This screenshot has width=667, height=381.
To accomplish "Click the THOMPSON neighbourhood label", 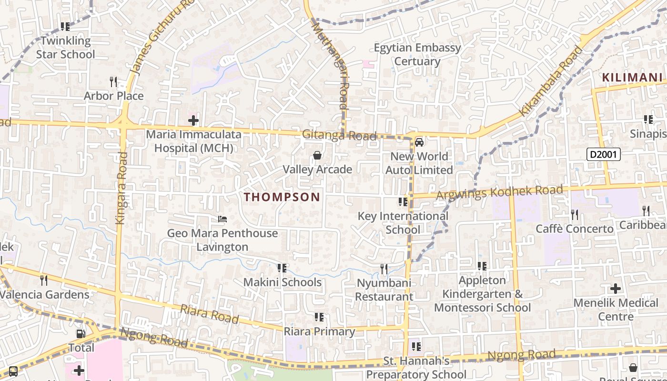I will coord(282,197).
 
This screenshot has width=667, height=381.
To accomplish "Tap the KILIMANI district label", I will coord(632,77).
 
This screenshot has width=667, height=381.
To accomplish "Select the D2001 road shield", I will coord(604,154).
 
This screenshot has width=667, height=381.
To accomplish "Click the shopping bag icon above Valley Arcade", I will coord(317,155).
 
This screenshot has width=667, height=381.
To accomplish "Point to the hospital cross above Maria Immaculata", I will coord(193,120).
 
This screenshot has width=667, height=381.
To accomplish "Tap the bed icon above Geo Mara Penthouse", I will coord(222,219).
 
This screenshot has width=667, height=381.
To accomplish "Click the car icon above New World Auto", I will coord(419,142).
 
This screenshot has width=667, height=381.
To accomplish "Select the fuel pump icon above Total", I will coord(81,334).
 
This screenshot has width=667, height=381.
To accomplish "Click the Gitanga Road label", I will coord(339,135).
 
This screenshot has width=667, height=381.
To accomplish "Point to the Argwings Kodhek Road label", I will coord(499,192).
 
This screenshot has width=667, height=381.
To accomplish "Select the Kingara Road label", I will coord(121,188).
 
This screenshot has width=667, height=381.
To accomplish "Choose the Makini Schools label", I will coord(283,282).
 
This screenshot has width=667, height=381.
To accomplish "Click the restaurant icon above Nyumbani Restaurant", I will coord(384,269).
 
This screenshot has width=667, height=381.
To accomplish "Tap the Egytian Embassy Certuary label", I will coord(417,54).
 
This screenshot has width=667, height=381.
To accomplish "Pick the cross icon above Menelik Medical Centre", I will coord(616,288).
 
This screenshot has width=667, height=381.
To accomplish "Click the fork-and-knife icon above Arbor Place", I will coord(113,82).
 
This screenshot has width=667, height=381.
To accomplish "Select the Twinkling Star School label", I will coord(66,48).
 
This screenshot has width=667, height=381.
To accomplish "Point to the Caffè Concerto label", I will coord(575,229).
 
